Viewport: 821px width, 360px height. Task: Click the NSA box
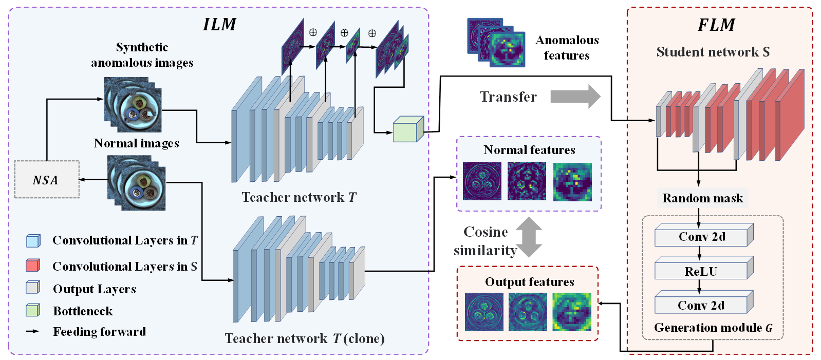[47, 180]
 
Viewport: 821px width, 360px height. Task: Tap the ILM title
[219, 24]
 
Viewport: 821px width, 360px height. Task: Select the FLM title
[716, 25]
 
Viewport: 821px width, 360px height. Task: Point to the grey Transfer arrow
[575, 97]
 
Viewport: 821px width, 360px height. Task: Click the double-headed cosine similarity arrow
[529, 237]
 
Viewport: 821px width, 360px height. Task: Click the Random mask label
[702, 198]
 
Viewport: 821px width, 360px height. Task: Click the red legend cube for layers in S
[33, 266]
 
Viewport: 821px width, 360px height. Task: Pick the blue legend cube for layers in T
[33, 240]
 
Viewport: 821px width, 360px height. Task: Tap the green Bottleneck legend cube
[33, 310]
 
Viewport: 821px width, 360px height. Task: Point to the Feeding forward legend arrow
[33, 332]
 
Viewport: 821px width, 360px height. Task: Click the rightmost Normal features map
[572, 182]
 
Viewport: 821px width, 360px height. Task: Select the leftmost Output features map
[484, 312]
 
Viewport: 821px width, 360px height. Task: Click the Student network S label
[713, 52]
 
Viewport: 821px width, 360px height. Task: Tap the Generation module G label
[713, 328]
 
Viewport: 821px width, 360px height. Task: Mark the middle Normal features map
[527, 181]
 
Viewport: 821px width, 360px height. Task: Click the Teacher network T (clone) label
[304, 338]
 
